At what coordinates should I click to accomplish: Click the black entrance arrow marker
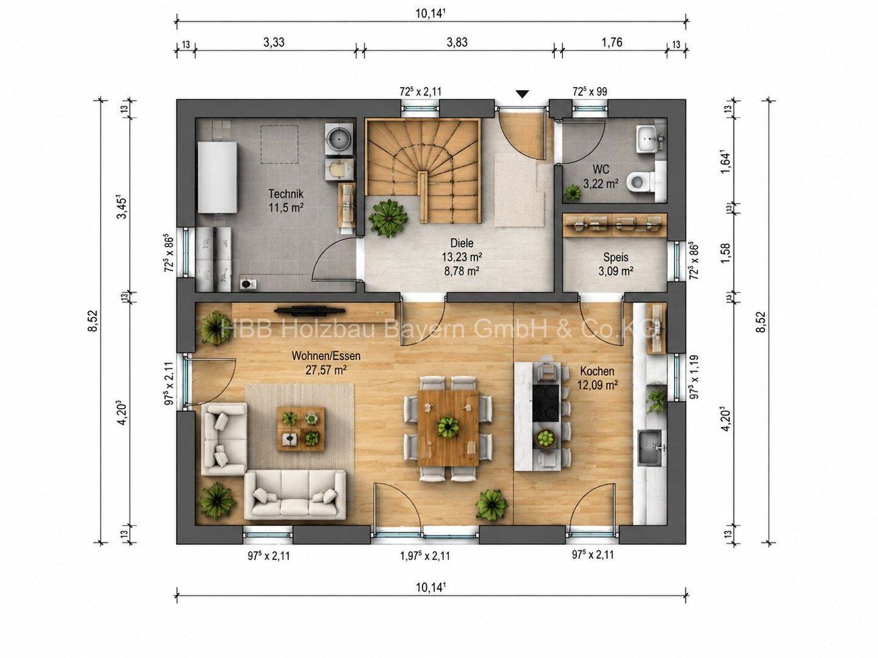click(522, 94)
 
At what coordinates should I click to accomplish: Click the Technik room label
click(285, 194)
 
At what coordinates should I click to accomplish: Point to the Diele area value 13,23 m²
click(462, 256)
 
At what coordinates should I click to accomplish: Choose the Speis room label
click(616, 257)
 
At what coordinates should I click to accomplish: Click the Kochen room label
click(597, 371)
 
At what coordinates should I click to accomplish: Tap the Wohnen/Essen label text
click(326, 355)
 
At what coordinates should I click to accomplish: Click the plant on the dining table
click(448, 426)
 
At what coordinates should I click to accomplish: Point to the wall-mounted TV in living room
click(310, 309)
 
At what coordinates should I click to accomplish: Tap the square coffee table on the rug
click(301, 429)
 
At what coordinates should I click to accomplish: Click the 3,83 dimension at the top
click(457, 42)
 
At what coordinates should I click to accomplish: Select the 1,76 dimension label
click(612, 42)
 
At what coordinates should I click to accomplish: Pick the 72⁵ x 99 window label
click(590, 91)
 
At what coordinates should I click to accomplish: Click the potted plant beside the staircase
click(388, 219)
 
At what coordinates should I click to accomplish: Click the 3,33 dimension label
click(274, 42)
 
